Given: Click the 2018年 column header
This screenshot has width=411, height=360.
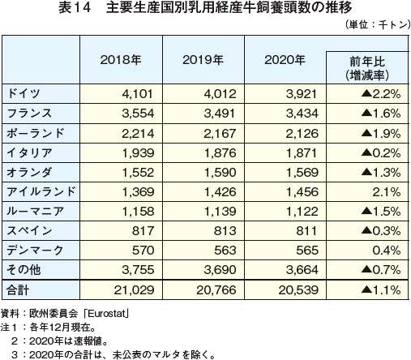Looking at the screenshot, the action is (x=121, y=60).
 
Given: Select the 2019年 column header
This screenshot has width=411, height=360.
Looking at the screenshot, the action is (x=203, y=60).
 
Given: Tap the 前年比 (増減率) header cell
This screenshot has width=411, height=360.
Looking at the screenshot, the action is (x=367, y=69).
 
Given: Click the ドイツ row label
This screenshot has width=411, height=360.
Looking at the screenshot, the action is (x=24, y=93).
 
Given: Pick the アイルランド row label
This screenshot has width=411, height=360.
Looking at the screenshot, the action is (x=41, y=191).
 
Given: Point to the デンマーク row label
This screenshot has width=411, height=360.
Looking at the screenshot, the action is (x=35, y=250).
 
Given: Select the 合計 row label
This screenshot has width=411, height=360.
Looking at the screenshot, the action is (x=18, y=289).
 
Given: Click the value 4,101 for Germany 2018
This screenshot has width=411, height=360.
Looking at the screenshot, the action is (x=138, y=94).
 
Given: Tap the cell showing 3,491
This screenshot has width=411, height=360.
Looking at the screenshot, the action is (x=220, y=114).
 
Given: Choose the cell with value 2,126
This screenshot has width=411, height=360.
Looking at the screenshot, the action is (x=302, y=133).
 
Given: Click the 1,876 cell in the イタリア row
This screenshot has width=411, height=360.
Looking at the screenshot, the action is (x=220, y=153).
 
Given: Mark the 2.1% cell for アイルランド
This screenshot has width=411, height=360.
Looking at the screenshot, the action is (x=387, y=192).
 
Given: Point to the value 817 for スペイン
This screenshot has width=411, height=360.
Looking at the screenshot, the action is (x=143, y=231).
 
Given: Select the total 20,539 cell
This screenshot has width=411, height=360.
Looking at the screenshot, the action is (x=298, y=290).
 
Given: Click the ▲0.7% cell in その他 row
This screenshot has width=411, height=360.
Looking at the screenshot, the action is (x=381, y=269).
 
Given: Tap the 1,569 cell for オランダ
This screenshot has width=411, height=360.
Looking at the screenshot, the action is (x=302, y=173).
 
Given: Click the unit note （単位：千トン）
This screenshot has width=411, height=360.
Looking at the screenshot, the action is (x=378, y=25).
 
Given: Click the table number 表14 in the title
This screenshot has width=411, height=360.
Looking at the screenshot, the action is (x=75, y=7).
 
